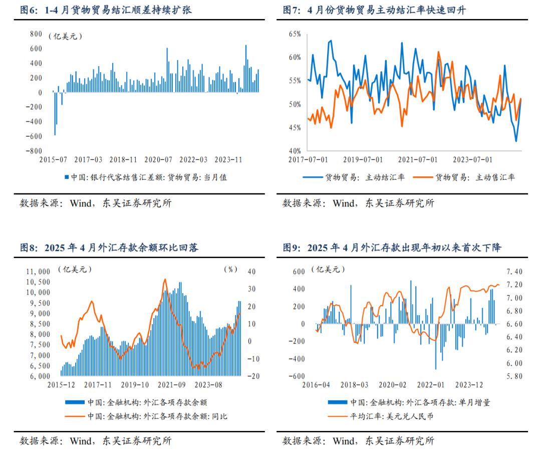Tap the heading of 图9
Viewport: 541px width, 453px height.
(392, 248)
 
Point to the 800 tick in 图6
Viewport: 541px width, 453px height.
(36, 34)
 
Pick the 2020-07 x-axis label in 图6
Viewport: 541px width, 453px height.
(158, 160)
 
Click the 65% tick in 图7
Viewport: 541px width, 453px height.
(294, 34)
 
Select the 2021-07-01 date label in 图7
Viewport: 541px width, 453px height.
(418, 160)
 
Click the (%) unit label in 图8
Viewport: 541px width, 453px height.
(230, 269)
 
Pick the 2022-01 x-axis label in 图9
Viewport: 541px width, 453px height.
(431, 385)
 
